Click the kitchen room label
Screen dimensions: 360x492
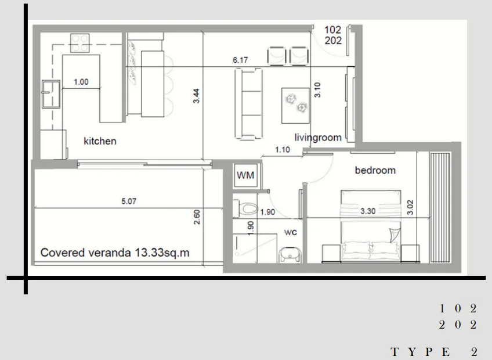100,141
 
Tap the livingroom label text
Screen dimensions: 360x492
317,138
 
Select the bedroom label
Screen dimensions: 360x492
375,170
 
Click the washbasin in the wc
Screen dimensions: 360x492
290,254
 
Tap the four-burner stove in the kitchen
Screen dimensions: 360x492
79,42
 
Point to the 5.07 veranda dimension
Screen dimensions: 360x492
129,202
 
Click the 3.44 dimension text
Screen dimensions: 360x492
197,96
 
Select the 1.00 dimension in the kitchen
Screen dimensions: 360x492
81,82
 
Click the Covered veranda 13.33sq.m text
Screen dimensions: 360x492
115,253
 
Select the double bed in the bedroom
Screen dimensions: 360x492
370,226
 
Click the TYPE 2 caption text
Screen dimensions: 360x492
433,352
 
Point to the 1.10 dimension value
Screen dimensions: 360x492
282,150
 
